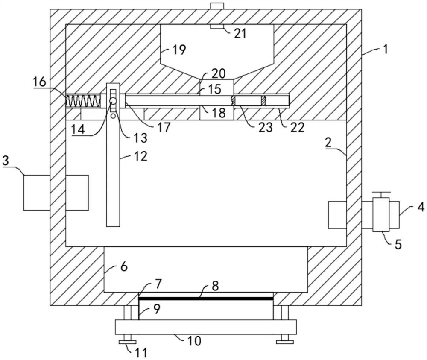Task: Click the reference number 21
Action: pyautogui.click(x=240, y=33)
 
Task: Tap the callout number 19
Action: pyautogui.click(x=179, y=50)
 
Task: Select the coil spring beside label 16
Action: pyautogui.click(x=83, y=101)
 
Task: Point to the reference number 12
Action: pyautogui.click(x=140, y=156)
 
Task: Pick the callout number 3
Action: pyautogui.click(x=6, y=161)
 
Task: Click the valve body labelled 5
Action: pyautogui.click(x=381, y=215)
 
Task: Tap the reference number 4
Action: pyautogui.click(x=421, y=207)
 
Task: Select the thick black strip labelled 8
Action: pyautogui.click(x=206, y=299)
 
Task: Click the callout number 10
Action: pyautogui.click(x=194, y=341)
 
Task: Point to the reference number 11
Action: pyautogui.click(x=141, y=353)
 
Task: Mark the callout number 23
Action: pyautogui.click(x=266, y=127)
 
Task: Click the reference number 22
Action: pyautogui.click(x=297, y=127)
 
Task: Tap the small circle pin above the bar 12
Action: pyautogui.click(x=113, y=101)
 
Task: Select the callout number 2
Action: pyautogui.click(x=328, y=142)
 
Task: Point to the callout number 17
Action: pyautogui.click(x=164, y=127)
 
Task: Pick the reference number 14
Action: pyautogui.click(x=79, y=129)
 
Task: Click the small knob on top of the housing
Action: pyautogui.click(x=217, y=6)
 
